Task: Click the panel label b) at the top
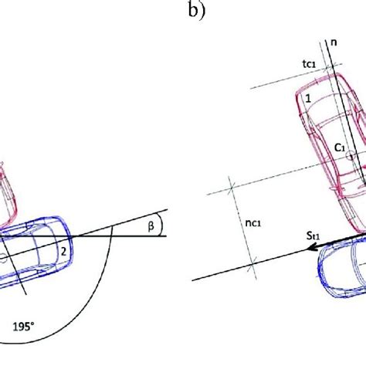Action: click(197, 11)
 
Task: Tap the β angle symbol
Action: click(151, 226)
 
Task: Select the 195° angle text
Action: click(23, 327)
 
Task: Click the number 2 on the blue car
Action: click(63, 252)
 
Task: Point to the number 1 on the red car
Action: click(308, 98)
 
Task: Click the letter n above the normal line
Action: click(334, 42)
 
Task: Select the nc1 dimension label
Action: click(253, 223)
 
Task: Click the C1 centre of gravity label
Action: click(340, 147)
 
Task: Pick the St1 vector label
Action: click(313, 236)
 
